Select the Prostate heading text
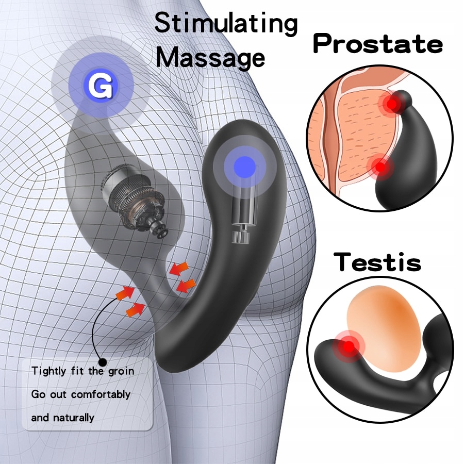pos(378,44)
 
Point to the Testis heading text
pos(377,262)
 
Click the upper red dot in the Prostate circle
pos(393,105)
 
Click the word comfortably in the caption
pos(101,394)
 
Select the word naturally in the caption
pos(73,418)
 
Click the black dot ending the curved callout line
pos(103,362)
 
